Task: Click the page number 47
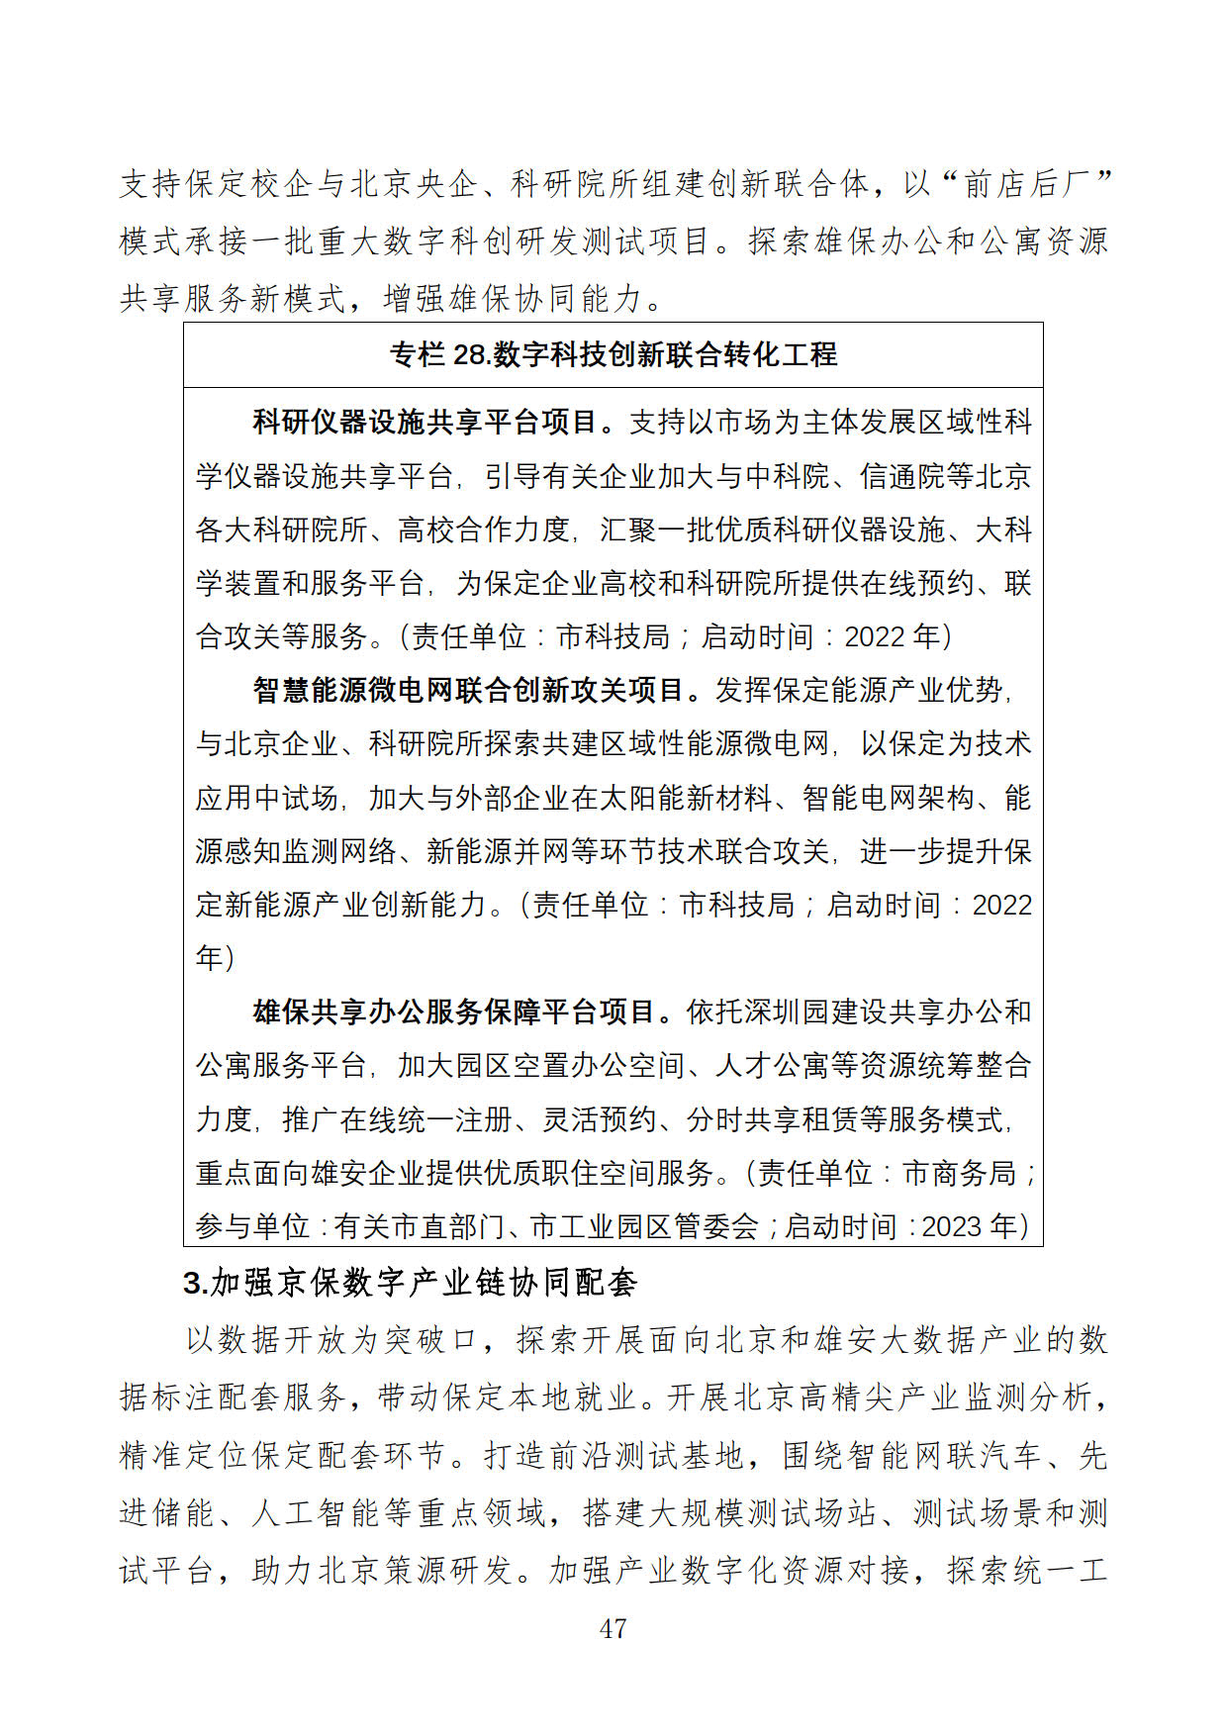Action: click(613, 1628)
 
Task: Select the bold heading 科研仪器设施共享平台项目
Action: click(425, 423)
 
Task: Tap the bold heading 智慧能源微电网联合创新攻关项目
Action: click(468, 690)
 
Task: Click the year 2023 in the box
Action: click(956, 1227)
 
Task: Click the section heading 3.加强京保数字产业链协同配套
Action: click(411, 1283)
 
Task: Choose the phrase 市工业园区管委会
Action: click(644, 1227)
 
